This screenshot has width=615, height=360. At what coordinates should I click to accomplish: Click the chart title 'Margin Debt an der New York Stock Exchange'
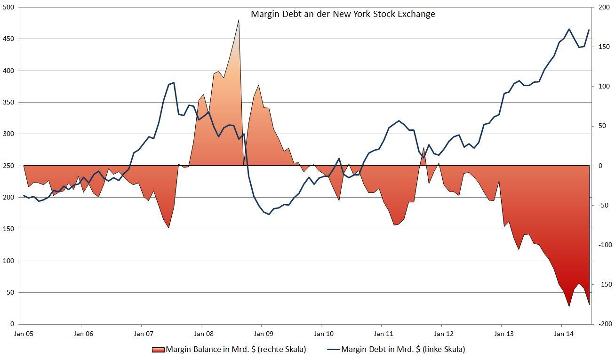point(343,14)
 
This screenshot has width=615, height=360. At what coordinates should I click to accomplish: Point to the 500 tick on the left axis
point(8,8)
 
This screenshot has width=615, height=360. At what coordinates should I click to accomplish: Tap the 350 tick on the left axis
point(8,103)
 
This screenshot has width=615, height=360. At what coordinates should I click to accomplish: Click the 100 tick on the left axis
point(8,261)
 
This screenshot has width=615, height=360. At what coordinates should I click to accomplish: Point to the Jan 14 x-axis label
point(563,334)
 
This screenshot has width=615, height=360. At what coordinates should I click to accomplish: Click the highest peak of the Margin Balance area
point(239,20)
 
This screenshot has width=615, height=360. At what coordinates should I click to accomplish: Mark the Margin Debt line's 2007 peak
point(174,83)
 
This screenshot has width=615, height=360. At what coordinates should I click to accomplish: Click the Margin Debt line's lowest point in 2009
point(269,214)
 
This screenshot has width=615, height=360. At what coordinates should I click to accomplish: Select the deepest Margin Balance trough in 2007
point(168,228)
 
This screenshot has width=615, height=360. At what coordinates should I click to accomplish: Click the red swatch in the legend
point(158,349)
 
